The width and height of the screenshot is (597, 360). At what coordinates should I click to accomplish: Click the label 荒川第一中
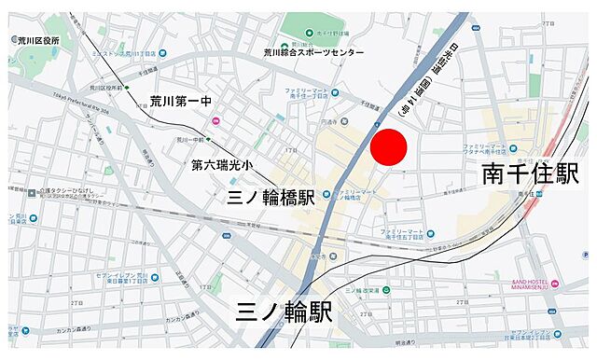point(181,101)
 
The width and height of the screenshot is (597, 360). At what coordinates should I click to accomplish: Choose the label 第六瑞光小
point(222,165)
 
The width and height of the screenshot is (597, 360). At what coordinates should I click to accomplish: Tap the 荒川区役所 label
point(37,41)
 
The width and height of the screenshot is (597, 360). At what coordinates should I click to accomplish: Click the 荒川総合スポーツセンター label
point(313,53)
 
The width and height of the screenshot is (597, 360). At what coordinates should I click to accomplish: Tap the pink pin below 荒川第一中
point(216,120)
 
